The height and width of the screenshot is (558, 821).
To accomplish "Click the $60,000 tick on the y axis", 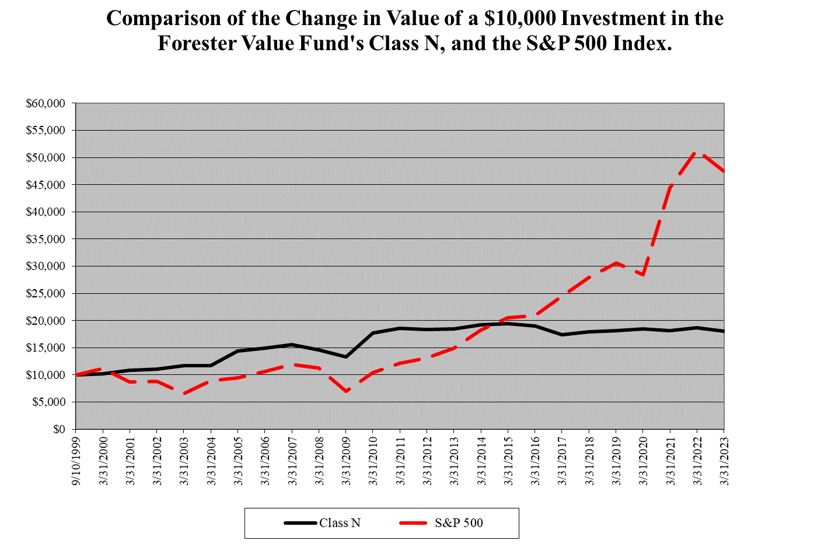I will click(47, 104).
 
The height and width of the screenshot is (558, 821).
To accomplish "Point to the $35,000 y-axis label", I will click(47, 239).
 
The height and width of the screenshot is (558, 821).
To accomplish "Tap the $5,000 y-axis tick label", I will click(50, 402).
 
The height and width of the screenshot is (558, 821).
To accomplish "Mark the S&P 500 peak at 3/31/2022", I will click(697, 152).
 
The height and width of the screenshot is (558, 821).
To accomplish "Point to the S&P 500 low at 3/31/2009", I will click(346, 391).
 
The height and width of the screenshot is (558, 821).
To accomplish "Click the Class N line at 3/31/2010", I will click(373, 333).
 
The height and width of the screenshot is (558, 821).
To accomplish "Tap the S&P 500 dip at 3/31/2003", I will click(184, 394).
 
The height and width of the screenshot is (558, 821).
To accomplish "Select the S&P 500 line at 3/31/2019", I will click(616, 263).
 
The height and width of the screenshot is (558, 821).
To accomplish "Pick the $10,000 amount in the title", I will click(519, 19).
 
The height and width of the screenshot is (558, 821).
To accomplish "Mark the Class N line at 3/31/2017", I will click(562, 335).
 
